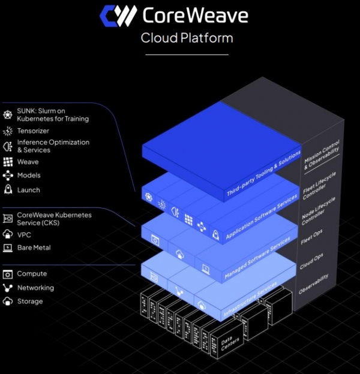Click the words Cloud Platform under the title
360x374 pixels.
click(x=187, y=38)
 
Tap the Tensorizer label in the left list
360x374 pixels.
click(x=34, y=131)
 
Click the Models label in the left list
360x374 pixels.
click(x=29, y=176)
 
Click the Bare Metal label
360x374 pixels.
click(x=34, y=248)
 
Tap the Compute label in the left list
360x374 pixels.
click(x=32, y=274)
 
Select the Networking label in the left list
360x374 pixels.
click(x=35, y=288)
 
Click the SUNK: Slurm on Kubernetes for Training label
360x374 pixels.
click(x=53, y=115)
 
